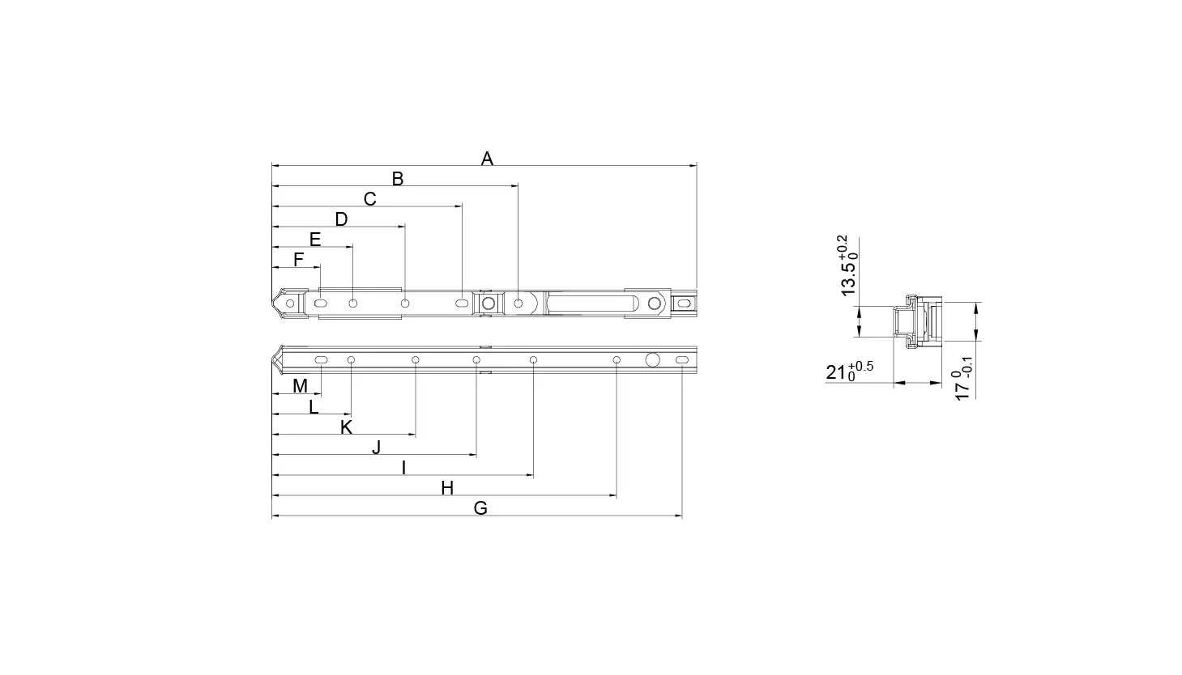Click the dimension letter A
(x=487, y=158)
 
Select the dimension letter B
(x=397, y=179)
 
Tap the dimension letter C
(x=369, y=199)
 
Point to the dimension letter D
(x=341, y=219)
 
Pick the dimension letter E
(x=315, y=240)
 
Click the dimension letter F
(x=298, y=260)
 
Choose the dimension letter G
(x=480, y=507)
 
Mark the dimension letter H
(x=447, y=488)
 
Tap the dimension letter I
(x=403, y=468)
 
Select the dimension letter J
(x=376, y=448)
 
